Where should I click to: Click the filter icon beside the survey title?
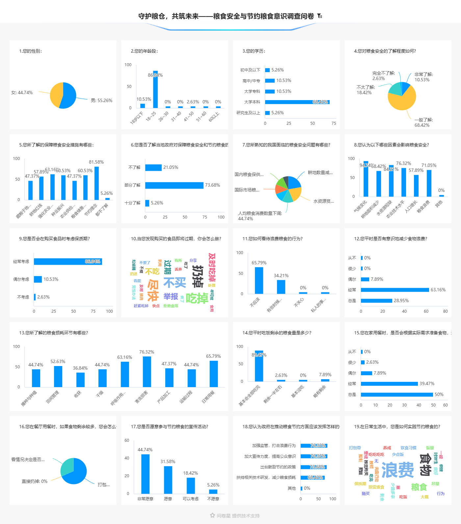[320, 16]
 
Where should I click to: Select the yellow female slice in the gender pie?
[56, 94]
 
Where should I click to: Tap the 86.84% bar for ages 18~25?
[155, 90]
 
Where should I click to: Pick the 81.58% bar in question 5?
[96, 183]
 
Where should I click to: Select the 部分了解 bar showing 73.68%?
[174, 185]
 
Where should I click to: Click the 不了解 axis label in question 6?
[134, 168]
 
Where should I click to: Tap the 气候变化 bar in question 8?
[366, 179]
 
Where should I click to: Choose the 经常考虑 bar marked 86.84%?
[67, 262]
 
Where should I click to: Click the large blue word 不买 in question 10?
[175, 282]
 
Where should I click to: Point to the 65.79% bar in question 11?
[259, 280]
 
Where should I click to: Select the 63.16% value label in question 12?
[438, 290]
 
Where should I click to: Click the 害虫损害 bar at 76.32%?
[147, 372]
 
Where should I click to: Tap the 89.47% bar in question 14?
[259, 366]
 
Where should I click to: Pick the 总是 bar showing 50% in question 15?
[397, 395]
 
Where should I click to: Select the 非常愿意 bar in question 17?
[145, 474]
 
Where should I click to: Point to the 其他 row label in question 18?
[292, 488]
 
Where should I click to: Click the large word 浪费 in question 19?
[397, 470]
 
